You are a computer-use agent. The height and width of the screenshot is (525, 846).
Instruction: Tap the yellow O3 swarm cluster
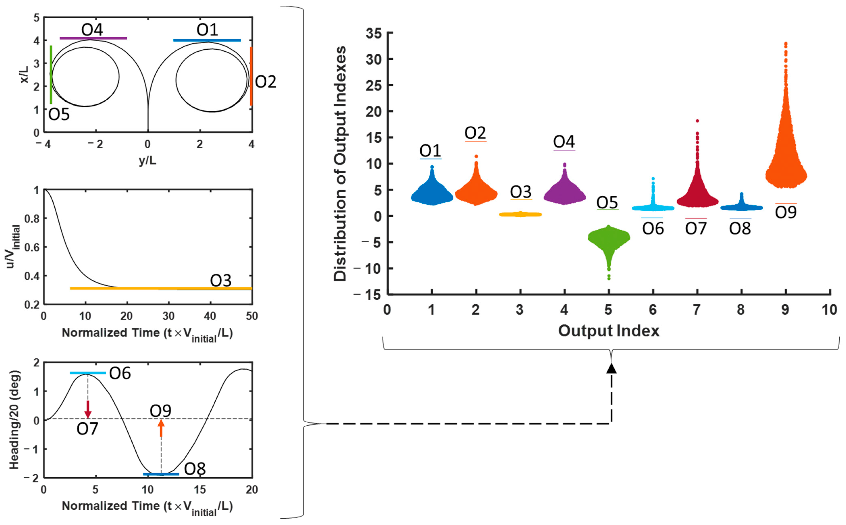[520, 214]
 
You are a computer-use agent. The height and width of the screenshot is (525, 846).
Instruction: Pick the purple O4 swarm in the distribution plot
[565, 193]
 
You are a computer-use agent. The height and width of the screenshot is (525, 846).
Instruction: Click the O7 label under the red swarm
[696, 228]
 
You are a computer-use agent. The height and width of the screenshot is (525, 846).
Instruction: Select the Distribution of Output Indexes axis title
[340, 163]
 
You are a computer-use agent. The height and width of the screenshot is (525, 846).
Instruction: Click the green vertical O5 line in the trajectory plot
[51, 75]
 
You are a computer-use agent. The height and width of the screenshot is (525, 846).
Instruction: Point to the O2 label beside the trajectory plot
[265, 82]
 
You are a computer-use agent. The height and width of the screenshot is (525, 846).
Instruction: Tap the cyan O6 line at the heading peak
[88, 373]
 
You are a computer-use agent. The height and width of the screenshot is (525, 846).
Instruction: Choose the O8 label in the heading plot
[195, 469]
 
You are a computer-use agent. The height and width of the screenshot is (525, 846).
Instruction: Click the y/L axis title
[148, 160]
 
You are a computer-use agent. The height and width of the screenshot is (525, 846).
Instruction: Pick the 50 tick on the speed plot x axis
[252, 316]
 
